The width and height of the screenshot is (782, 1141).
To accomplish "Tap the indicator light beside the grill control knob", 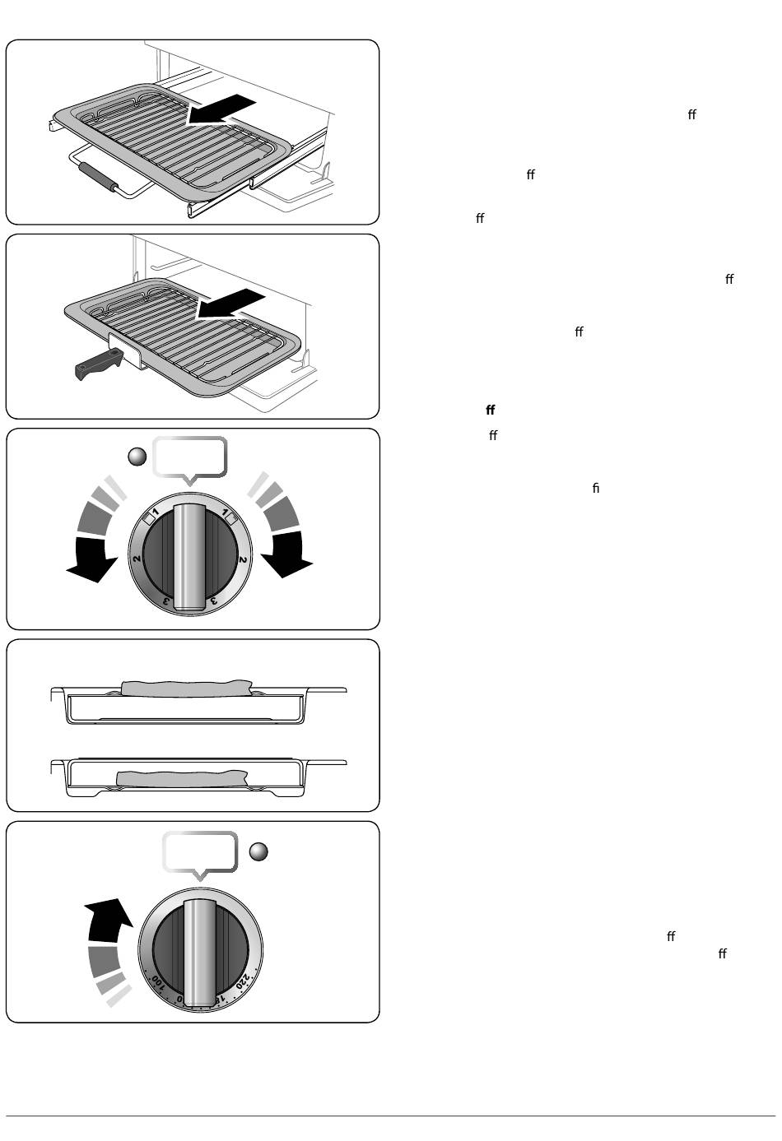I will click(x=138, y=456).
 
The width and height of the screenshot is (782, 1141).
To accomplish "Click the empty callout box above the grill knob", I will click(x=190, y=457).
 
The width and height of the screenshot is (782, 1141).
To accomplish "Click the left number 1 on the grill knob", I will click(x=154, y=518).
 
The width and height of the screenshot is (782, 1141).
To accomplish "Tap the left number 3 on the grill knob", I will click(x=166, y=601).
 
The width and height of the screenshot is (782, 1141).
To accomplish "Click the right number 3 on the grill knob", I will click(x=214, y=601).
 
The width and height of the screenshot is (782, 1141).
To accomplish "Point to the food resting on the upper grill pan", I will click(x=186, y=687).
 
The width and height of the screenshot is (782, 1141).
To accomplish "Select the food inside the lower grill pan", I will click(x=181, y=778).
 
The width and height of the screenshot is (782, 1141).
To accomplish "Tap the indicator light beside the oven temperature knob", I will click(x=258, y=852).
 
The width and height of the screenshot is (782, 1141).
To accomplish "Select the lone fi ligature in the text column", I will click(x=596, y=489).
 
